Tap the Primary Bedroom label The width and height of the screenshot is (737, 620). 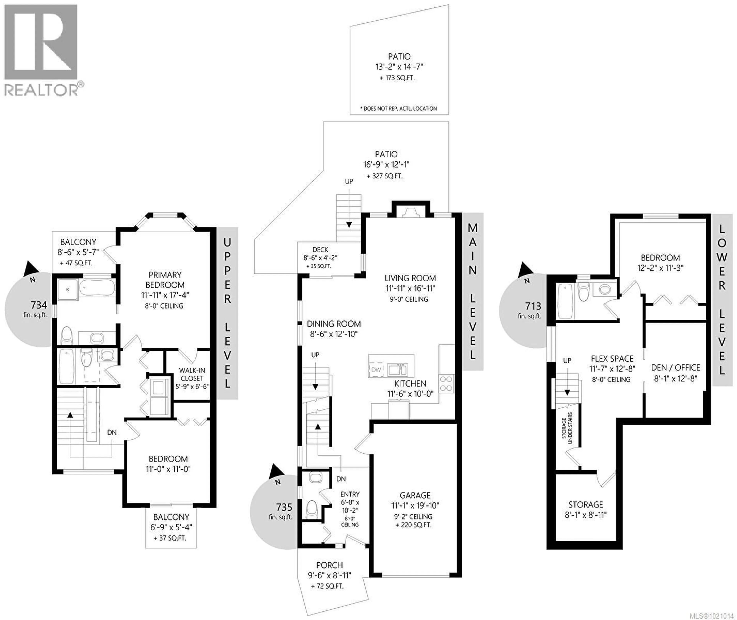(165, 280)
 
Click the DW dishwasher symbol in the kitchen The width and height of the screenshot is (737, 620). (376, 370)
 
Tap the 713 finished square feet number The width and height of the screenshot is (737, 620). (533, 306)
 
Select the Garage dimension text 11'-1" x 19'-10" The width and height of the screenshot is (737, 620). (415, 506)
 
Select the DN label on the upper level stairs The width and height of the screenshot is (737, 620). (112, 432)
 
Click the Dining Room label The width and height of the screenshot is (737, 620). (334, 324)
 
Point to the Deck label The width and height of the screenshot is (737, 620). (320, 250)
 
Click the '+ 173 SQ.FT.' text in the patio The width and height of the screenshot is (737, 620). (397, 78)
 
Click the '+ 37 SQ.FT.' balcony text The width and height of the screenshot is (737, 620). (170, 538)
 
